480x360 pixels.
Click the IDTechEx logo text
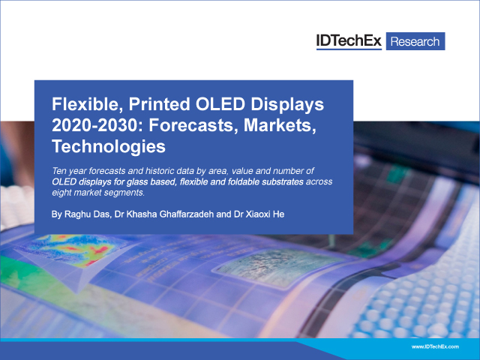coord(349,41)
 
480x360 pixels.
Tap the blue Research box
coord(415,41)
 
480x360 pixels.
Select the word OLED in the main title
coord(220,104)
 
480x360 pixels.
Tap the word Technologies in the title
coord(109,147)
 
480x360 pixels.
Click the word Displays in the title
coord(287,105)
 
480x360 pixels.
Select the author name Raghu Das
coord(87,214)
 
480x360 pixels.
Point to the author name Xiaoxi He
coord(265,214)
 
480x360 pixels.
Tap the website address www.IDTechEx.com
coord(435,346)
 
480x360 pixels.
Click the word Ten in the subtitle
coord(58,171)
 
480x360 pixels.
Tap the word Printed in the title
coord(160,104)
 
